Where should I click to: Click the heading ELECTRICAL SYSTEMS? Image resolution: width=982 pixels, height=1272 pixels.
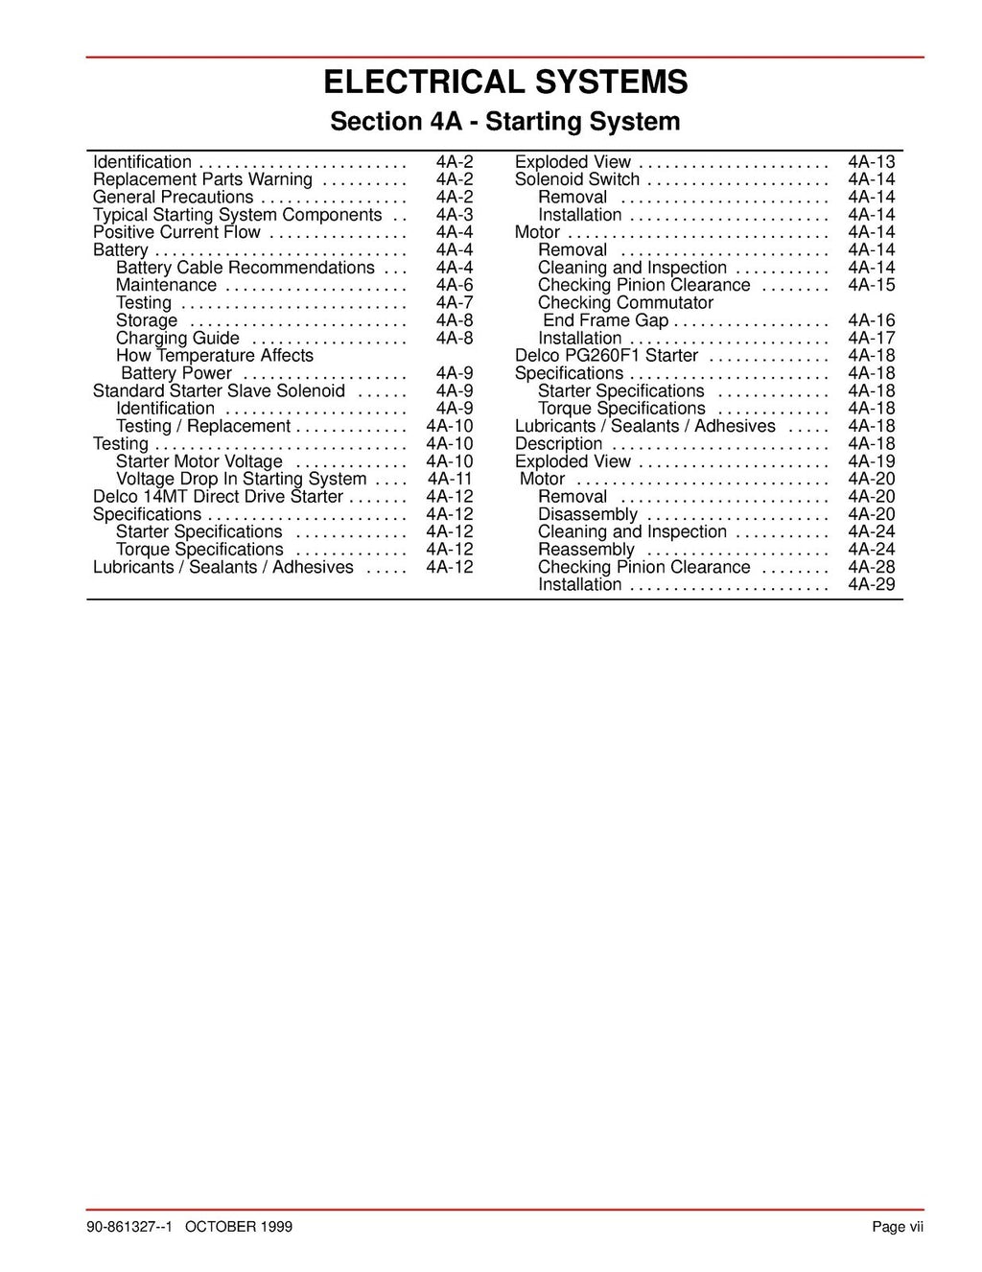pyautogui.click(x=504, y=82)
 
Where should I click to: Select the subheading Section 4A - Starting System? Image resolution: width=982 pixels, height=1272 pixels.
pyautogui.click(x=504, y=122)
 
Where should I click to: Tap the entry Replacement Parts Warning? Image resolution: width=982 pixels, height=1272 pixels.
pyautogui.click(x=202, y=179)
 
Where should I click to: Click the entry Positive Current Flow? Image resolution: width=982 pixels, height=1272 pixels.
pyautogui.click(x=176, y=232)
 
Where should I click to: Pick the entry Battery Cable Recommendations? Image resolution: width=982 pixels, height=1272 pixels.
pyautogui.click(x=245, y=268)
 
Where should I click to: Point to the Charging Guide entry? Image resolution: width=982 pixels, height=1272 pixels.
pyautogui.click(x=177, y=338)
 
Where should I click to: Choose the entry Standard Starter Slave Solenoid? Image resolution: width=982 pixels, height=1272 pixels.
pyautogui.click(x=219, y=390)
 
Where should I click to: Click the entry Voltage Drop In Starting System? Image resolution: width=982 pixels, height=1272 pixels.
pyautogui.click(x=241, y=479)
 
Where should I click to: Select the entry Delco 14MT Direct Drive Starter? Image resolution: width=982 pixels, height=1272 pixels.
pyautogui.click(x=218, y=496)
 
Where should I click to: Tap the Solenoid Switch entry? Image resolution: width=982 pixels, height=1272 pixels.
pyautogui.click(x=577, y=179)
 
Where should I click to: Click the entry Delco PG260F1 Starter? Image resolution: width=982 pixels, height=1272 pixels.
pyautogui.click(x=606, y=355)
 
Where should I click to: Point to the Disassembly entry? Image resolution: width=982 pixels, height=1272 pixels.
pyautogui.click(x=587, y=514)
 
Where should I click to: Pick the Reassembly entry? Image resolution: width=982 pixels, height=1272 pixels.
pyautogui.click(x=586, y=550)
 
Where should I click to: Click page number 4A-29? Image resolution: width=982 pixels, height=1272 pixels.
pyautogui.click(x=871, y=584)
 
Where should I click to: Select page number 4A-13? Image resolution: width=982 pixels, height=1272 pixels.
pyautogui.click(x=871, y=162)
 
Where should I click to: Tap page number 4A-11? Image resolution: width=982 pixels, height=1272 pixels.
pyautogui.click(x=450, y=479)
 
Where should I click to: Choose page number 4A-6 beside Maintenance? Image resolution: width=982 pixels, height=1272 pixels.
pyautogui.click(x=454, y=285)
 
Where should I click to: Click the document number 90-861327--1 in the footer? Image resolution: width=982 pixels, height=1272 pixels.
pyautogui.click(x=134, y=1227)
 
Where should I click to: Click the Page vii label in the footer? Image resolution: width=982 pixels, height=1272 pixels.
pyautogui.click(x=898, y=1227)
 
